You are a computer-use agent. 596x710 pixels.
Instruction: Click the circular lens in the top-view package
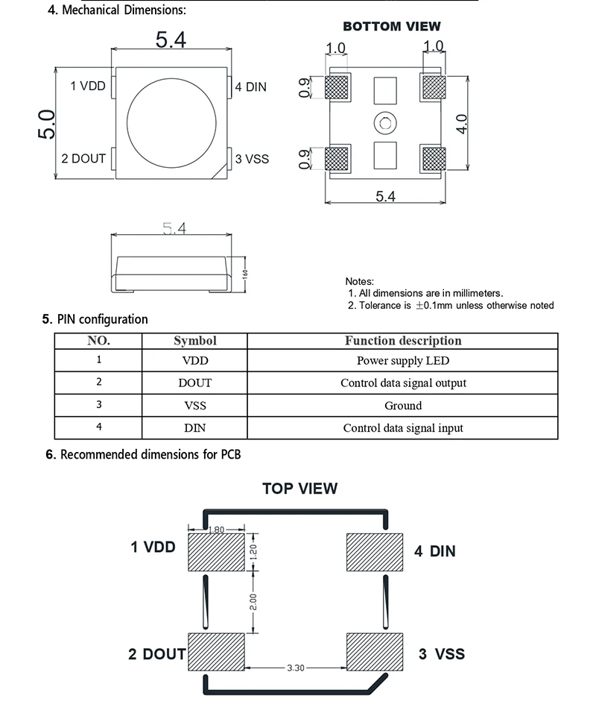171,119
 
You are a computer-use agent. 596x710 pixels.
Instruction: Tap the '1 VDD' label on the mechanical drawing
88,86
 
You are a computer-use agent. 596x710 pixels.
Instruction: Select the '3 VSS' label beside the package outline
252,159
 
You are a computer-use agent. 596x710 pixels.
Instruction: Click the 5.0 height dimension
46,123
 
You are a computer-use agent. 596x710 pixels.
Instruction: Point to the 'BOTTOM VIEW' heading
391,27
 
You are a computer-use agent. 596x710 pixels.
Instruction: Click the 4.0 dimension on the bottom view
461,123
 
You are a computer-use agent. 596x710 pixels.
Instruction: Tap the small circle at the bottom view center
384,122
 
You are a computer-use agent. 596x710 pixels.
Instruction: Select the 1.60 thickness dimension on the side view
244,274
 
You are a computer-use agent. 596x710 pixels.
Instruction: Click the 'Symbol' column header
194,341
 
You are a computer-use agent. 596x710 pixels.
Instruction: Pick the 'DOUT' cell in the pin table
194,383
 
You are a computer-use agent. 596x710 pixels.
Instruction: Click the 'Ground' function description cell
403,406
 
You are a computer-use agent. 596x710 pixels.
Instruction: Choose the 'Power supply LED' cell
403,361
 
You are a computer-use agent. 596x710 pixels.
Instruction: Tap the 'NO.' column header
98,341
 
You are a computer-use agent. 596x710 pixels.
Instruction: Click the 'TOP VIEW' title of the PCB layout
299,489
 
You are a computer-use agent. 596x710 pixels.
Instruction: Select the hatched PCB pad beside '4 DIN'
375,552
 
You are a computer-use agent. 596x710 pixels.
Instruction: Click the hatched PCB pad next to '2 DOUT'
216,653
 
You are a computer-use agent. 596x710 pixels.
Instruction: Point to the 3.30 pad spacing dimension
296,667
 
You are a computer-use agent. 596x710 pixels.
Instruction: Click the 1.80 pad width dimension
215,530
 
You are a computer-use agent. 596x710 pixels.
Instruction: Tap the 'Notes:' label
359,281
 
